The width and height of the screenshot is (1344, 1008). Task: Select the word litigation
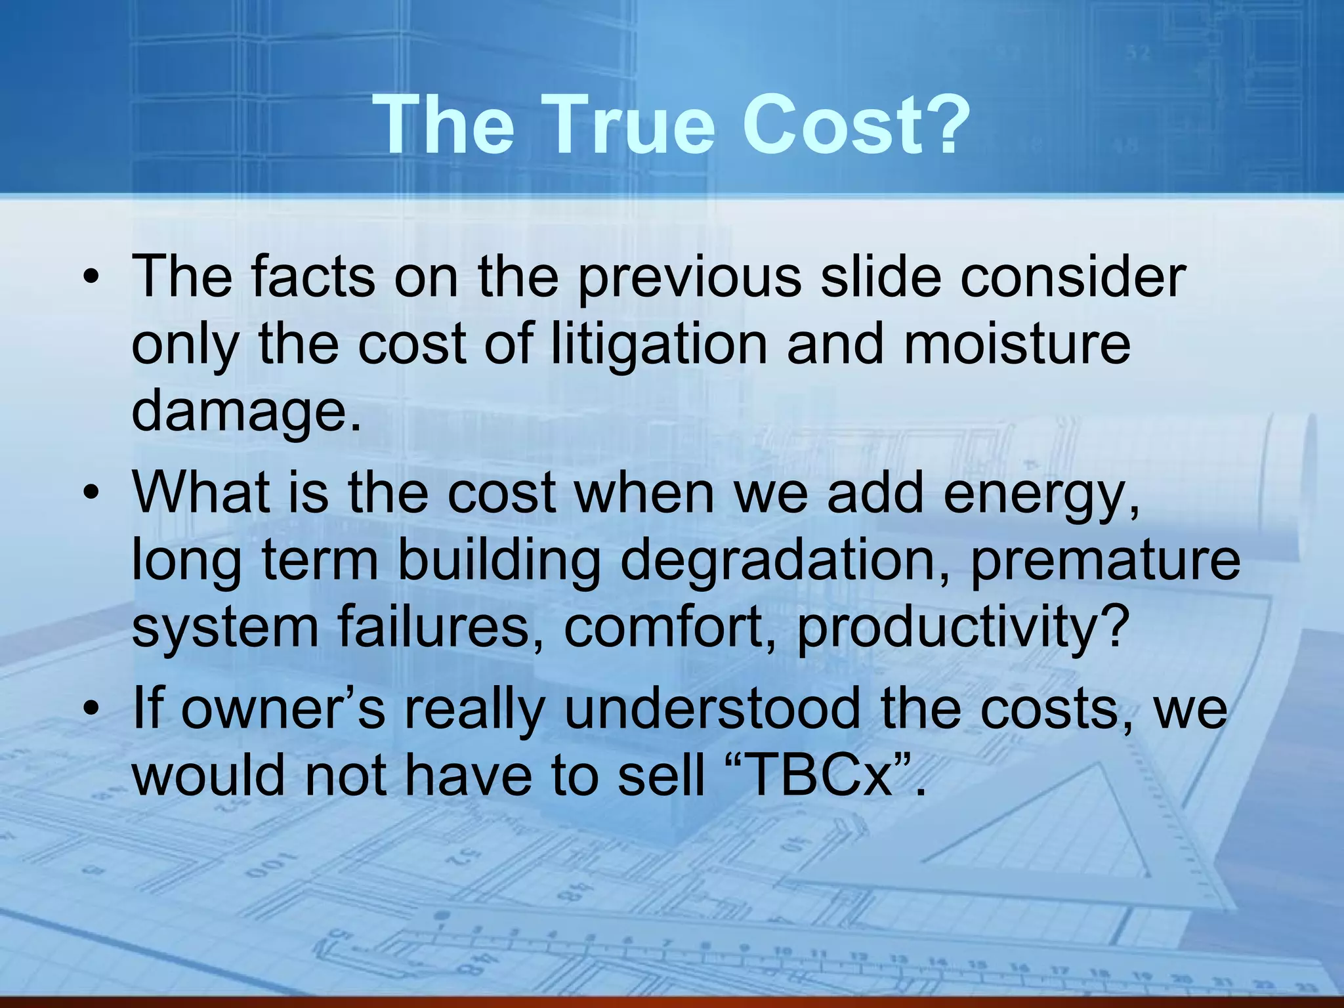click(x=659, y=346)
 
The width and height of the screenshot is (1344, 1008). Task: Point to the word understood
click(x=712, y=710)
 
